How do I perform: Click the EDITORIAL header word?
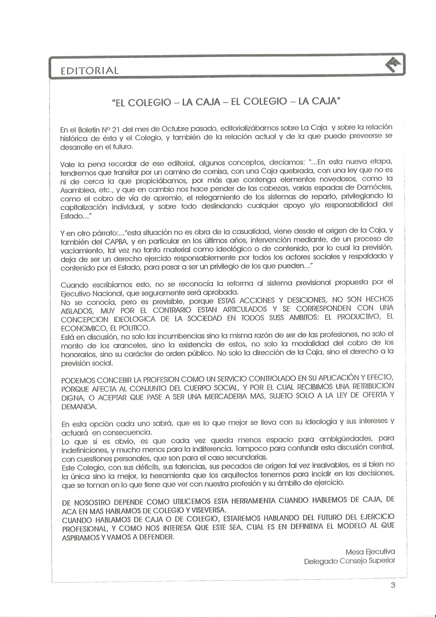[x=89, y=71]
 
